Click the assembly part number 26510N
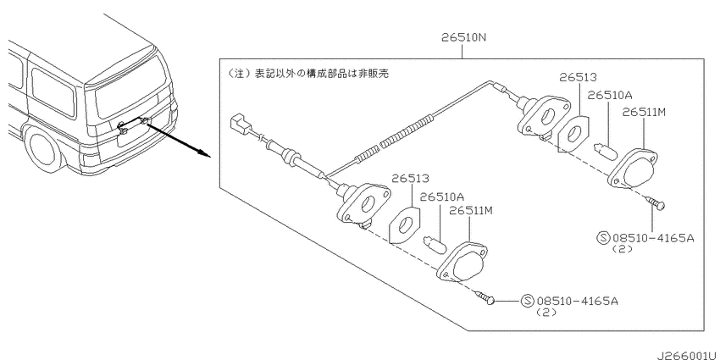click(462, 38)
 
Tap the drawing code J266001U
click(689, 355)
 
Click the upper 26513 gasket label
click(578, 77)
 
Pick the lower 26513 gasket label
click(410, 178)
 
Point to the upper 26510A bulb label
click(610, 95)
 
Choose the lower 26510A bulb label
click(441, 197)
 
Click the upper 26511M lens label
click(643, 112)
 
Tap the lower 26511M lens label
click(471, 211)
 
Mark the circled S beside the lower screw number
click(528, 302)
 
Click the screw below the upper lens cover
click(655, 202)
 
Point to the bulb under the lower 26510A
click(435, 242)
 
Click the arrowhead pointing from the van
click(204, 153)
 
